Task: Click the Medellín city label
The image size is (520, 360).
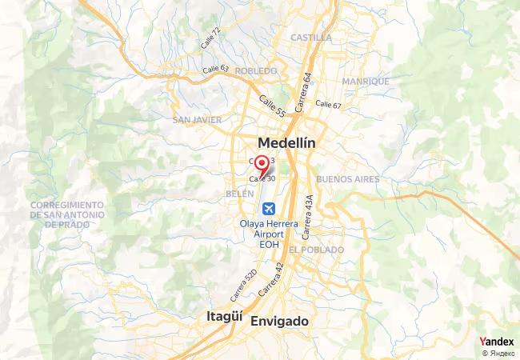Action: tap(286, 142)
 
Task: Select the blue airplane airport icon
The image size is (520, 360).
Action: tap(269, 209)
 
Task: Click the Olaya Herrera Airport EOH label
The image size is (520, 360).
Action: tap(269, 234)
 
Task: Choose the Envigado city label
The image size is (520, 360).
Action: tap(279, 321)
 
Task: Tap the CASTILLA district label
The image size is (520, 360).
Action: tap(311, 38)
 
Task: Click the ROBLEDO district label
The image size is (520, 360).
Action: tap(256, 71)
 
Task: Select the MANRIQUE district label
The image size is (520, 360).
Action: tap(366, 82)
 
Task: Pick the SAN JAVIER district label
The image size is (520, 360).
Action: tap(196, 120)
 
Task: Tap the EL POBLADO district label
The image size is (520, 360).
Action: tap(317, 250)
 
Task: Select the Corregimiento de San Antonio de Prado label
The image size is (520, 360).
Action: tap(67, 214)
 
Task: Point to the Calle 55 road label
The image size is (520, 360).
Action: tap(271, 106)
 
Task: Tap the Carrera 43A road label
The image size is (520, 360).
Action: tap(309, 211)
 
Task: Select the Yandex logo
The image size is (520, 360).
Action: tap(497, 342)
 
